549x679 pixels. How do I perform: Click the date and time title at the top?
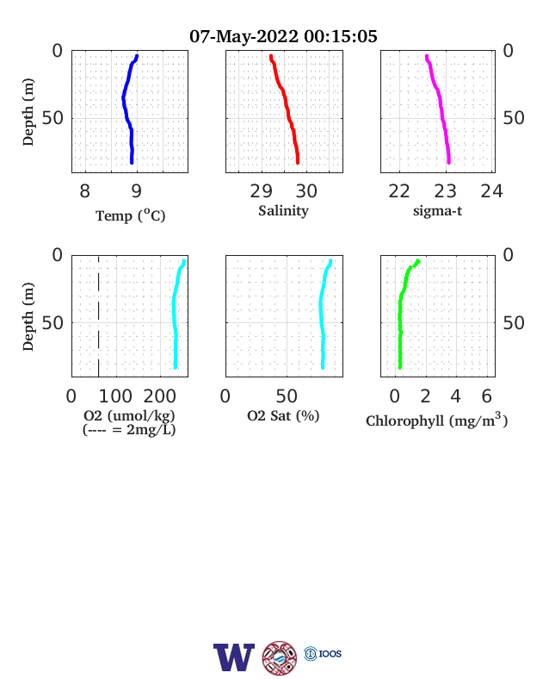pos(283,36)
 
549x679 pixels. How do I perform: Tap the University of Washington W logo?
pos(234,657)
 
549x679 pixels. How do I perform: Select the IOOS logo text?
pos(330,653)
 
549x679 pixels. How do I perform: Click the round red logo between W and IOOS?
pos(280,658)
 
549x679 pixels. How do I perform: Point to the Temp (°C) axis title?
pos(131,215)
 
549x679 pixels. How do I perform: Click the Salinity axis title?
pos(284,211)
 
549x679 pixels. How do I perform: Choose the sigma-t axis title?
pos(437,211)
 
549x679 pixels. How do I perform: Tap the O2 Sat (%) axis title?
pos(283,415)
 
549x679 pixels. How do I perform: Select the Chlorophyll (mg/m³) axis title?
pos(436,420)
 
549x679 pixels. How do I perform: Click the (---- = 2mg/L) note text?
pos(129,430)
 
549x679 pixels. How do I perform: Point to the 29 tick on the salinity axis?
pos(261,191)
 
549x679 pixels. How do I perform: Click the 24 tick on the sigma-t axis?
pos(492,191)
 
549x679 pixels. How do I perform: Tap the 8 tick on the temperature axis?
pos(84,191)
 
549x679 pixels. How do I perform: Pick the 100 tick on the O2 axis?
pos(115,396)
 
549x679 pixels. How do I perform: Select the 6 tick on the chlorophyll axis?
pos(487,396)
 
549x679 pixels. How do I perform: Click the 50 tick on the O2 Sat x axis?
pos(287,396)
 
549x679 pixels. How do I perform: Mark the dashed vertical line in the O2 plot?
pos(99,316)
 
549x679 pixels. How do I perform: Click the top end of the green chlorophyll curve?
pos(418,261)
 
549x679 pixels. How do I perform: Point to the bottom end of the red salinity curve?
pos(298,162)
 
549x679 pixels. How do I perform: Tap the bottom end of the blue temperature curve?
pos(132,162)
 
